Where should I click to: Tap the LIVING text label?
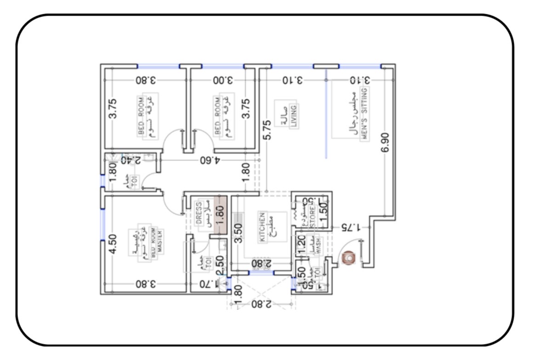click(293, 116)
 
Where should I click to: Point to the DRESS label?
click(199, 213)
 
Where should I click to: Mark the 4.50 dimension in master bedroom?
click(113, 244)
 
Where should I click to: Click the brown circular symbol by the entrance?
click(349, 259)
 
